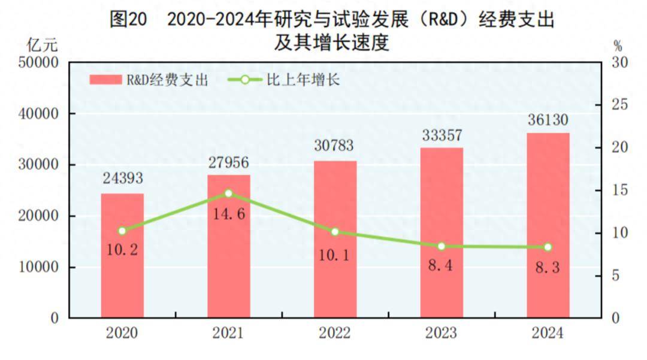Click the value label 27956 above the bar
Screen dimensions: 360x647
pyautogui.click(x=228, y=163)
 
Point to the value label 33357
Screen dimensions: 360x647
pyautogui.click(x=442, y=135)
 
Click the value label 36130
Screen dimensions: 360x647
pyautogui.click(x=548, y=120)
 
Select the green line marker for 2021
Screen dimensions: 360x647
pyautogui.click(x=228, y=193)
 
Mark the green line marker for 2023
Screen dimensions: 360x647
pyautogui.click(x=442, y=246)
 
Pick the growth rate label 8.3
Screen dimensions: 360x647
pyautogui.click(x=548, y=268)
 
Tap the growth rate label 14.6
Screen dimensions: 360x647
pyautogui.click(x=228, y=213)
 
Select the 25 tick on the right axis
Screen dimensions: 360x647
pyautogui.click(x=617, y=105)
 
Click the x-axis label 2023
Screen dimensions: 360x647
pyautogui.click(x=442, y=334)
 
